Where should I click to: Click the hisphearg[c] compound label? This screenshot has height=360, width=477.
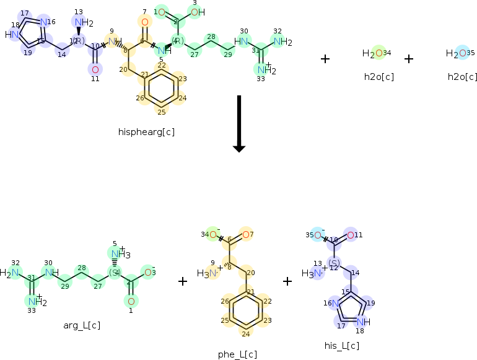146,132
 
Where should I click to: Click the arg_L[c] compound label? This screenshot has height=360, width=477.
82,325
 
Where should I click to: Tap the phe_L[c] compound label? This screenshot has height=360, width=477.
237,354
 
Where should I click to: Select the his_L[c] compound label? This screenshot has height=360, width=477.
342,345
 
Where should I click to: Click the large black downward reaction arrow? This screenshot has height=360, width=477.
239,124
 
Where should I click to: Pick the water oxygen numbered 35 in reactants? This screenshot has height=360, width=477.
462,54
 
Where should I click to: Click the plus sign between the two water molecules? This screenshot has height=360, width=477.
409,59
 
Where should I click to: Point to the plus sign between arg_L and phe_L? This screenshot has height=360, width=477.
183,281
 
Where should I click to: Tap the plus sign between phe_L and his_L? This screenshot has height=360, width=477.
287,281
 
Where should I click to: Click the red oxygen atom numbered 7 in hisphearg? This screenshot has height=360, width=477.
144,22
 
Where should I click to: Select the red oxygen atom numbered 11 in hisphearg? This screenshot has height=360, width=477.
95,69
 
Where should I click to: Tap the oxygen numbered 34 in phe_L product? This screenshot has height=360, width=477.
213,234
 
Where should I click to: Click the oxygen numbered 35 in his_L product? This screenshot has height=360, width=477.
317,235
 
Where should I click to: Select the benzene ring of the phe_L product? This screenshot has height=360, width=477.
247,312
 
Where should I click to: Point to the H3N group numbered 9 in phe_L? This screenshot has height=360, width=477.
207,273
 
